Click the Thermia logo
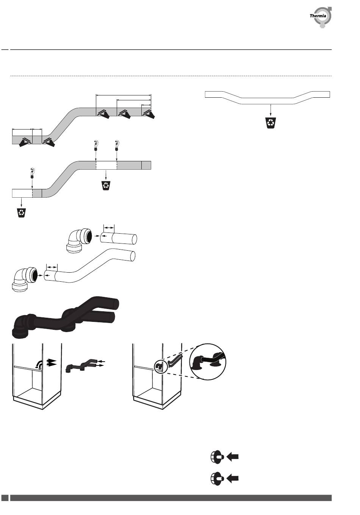click(x=321, y=17)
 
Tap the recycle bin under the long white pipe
click(x=271, y=123)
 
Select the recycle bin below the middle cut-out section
click(x=106, y=185)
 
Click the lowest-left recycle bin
click(x=22, y=213)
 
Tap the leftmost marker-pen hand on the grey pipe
click(x=25, y=142)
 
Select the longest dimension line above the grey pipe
click(x=123, y=95)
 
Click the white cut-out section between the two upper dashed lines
click(x=106, y=165)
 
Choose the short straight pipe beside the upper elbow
click(x=119, y=239)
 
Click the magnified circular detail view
click(x=208, y=362)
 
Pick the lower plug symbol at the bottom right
click(x=217, y=478)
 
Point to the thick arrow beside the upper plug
click(x=232, y=457)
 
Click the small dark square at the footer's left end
click(x=5, y=498)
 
